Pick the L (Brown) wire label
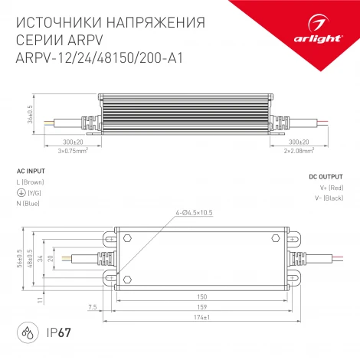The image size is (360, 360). point(31,182)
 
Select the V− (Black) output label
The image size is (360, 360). point(327,198)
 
